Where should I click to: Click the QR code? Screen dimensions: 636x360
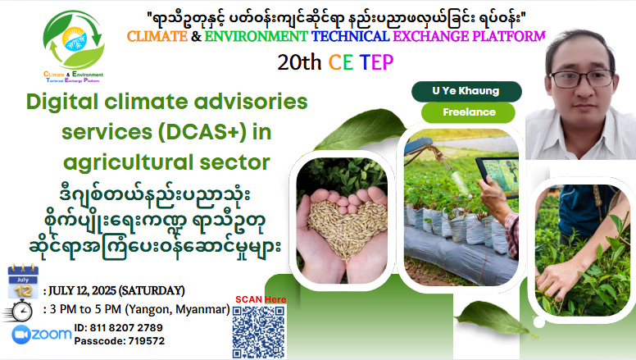pyautogui.click(x=258, y=331)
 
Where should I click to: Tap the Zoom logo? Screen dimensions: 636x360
pyautogui.click(x=41, y=335)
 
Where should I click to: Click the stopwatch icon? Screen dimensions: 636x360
pyautogui.click(x=17, y=311)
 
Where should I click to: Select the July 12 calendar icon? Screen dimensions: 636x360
pyautogui.click(x=23, y=281)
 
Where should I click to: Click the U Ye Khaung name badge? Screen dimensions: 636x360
pyautogui.click(x=466, y=91)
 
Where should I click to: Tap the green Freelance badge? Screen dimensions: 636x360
pyautogui.click(x=469, y=112)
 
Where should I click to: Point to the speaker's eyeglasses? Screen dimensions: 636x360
pyautogui.click(x=581, y=79)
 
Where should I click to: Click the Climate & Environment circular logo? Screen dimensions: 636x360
pyautogui.click(x=74, y=45)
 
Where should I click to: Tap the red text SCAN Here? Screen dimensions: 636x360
pyautogui.click(x=261, y=299)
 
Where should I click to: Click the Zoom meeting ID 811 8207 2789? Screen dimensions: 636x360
pyautogui.click(x=118, y=327)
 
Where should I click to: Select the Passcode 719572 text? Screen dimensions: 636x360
pyautogui.click(x=120, y=341)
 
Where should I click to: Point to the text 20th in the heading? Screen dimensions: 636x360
pyautogui.click(x=299, y=62)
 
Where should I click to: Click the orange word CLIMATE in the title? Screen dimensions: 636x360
pyautogui.click(x=157, y=37)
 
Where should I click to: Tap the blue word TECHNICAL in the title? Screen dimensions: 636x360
pyautogui.click(x=351, y=37)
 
